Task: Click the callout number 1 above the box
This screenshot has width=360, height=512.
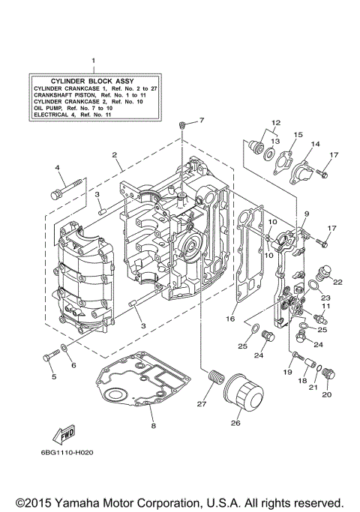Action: (x=93, y=59)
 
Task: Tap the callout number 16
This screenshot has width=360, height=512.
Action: (x=231, y=319)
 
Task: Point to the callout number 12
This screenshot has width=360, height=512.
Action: (x=275, y=122)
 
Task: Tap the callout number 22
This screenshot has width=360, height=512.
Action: (x=337, y=282)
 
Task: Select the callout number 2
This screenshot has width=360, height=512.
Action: (x=115, y=155)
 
